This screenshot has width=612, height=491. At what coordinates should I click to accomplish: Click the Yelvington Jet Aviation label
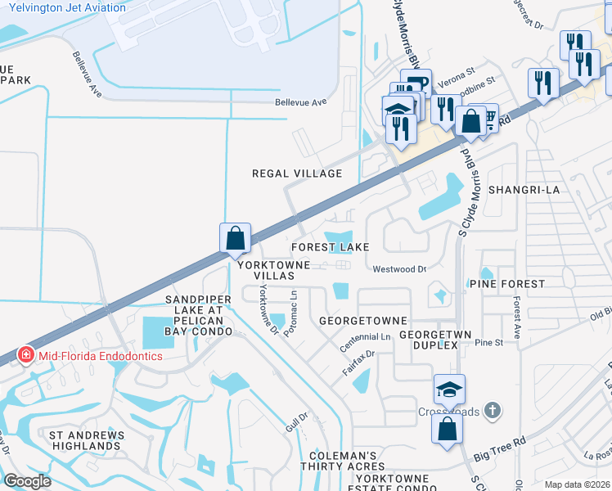tap(68, 8)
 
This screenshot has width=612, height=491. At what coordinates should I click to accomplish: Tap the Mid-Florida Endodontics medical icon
tap(26, 356)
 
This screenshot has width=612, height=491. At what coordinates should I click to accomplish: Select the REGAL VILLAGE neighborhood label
tap(296, 173)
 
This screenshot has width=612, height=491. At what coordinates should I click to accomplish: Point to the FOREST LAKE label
tap(331, 247)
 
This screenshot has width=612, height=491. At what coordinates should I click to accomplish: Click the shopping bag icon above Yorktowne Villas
tap(235, 238)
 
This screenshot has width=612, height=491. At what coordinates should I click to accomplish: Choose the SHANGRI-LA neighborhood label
tap(523, 190)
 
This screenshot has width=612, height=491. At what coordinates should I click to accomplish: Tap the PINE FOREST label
tap(507, 284)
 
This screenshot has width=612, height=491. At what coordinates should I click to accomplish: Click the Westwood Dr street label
tap(399, 268)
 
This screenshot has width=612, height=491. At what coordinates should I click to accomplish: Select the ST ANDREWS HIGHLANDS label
tap(86, 440)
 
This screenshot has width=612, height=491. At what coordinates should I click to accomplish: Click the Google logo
tap(27, 481)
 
